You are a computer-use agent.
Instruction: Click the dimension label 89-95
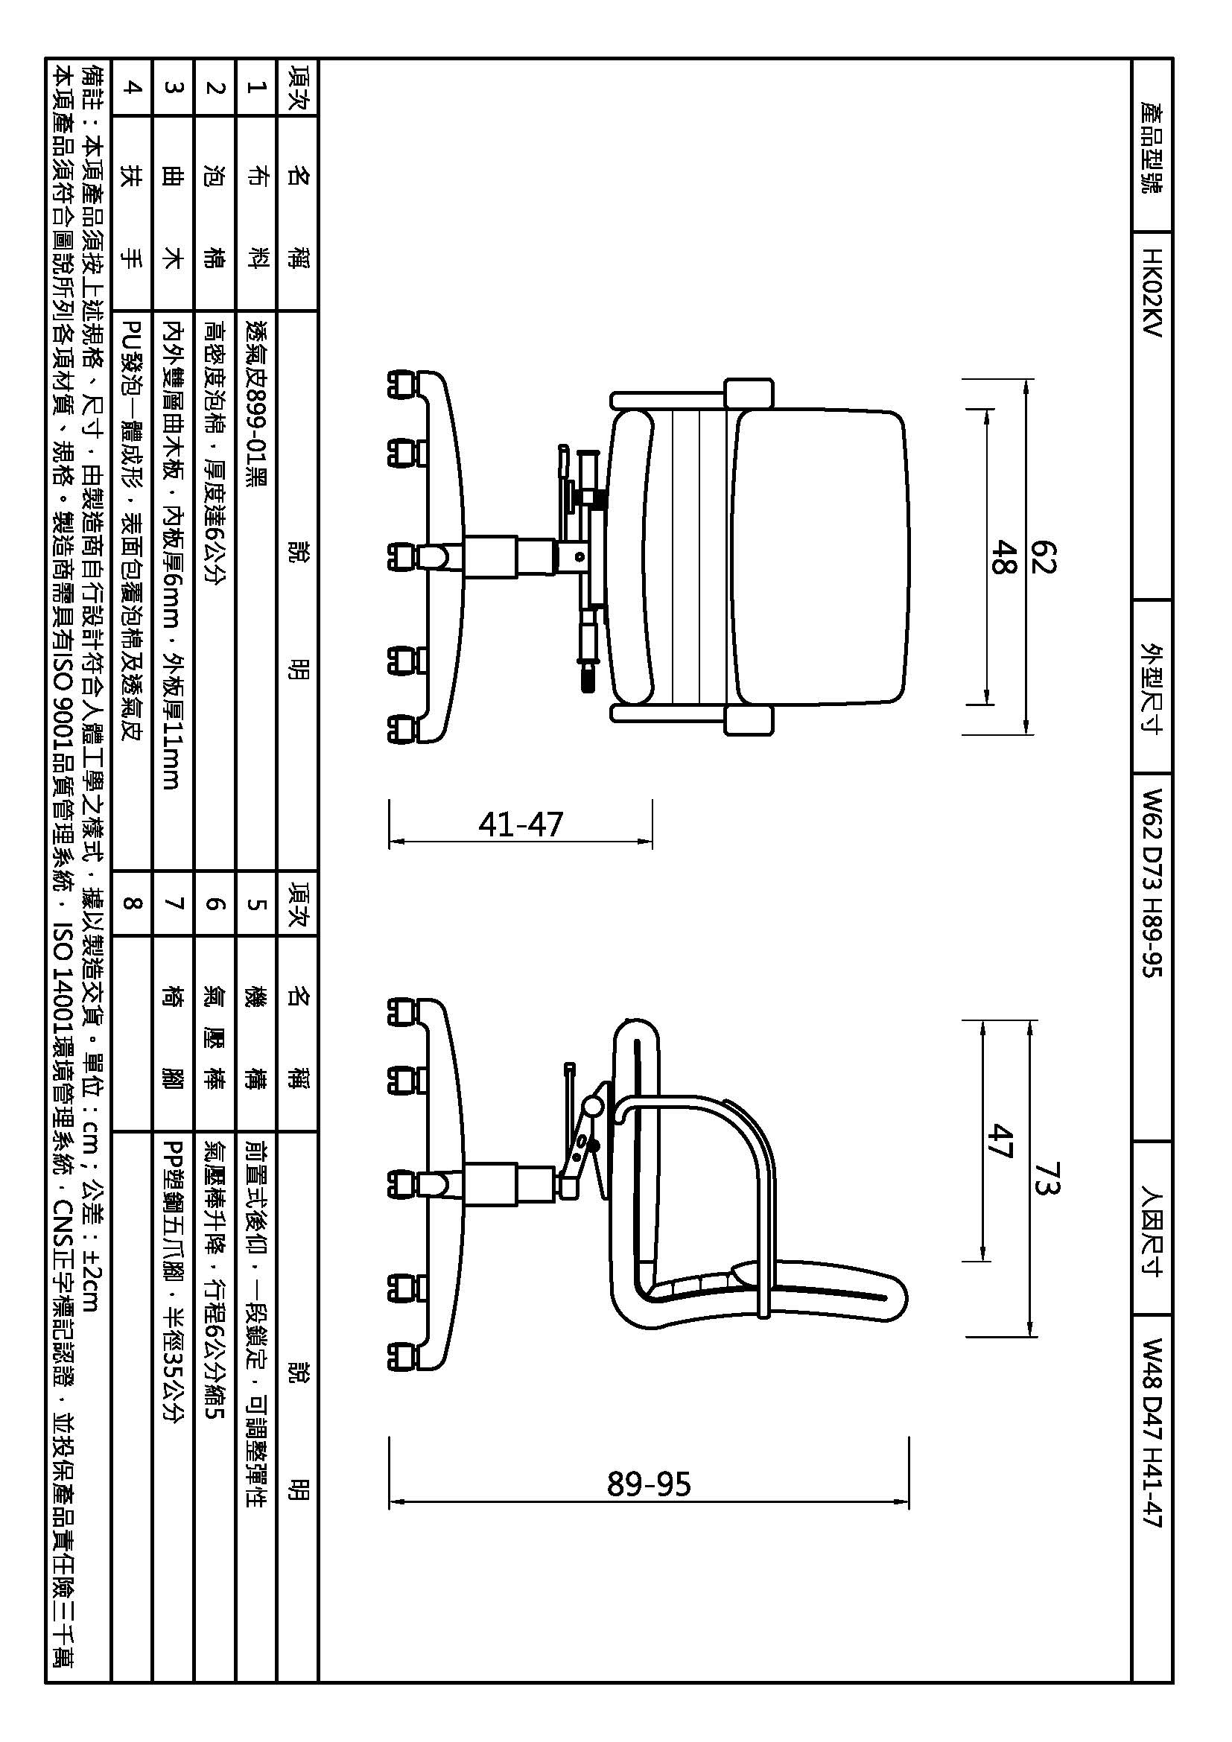point(649,1484)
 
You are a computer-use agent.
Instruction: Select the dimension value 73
point(1045,1177)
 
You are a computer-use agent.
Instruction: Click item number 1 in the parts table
point(255,87)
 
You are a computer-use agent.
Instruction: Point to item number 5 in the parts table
point(255,904)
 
